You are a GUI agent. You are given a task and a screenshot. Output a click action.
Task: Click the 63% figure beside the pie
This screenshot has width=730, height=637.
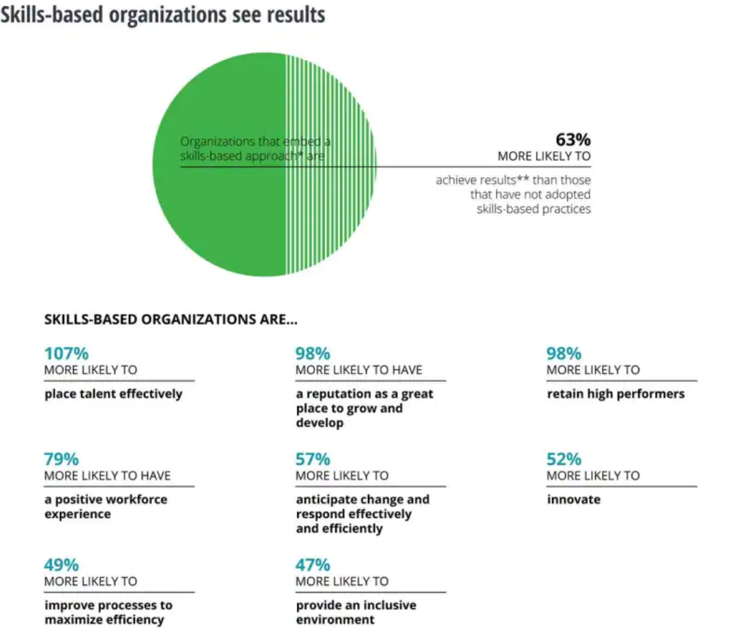(573, 140)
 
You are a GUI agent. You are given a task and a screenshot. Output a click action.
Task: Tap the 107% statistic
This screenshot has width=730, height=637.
(66, 354)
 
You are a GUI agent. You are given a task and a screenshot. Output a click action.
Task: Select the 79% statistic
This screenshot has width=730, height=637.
(61, 459)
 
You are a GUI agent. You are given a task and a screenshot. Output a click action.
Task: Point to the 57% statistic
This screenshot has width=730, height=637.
(312, 459)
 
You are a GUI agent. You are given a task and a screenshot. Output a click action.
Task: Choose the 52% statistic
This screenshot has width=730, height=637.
(564, 459)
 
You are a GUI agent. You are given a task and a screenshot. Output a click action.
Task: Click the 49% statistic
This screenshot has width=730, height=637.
(61, 565)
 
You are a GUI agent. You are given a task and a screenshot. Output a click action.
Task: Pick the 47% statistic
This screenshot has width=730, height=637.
(312, 565)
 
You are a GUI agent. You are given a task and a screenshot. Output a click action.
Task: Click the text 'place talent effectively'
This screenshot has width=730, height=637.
(113, 394)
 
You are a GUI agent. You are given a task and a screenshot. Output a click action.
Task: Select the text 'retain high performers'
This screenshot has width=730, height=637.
(615, 394)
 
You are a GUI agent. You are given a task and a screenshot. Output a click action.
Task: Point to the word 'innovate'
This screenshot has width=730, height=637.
(573, 499)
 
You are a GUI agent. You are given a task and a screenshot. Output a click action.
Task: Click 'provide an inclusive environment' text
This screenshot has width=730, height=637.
(355, 612)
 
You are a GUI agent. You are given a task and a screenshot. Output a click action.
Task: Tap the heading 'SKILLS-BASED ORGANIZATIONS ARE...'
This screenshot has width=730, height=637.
(170, 320)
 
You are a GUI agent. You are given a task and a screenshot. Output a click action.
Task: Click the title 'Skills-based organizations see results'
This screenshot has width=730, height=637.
(162, 14)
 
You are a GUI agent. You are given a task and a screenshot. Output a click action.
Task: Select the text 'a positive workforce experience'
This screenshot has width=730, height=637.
(106, 506)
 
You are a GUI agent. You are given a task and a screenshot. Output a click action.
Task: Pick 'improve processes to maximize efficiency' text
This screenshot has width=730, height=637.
(108, 612)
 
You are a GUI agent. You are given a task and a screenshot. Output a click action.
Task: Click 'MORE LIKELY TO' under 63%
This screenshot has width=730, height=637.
(544, 156)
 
